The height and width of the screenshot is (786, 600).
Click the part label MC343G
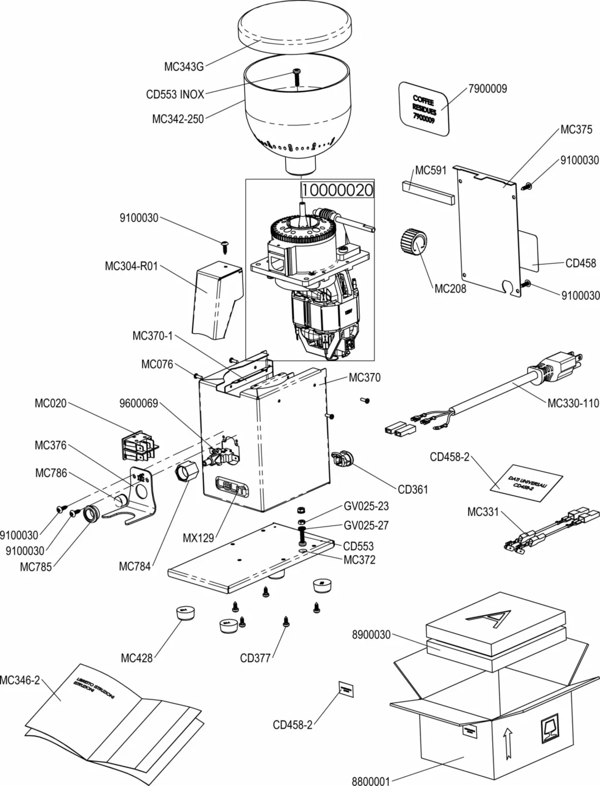click(183, 67)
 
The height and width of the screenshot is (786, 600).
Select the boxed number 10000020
click(338, 190)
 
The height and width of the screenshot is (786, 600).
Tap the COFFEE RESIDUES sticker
click(424, 109)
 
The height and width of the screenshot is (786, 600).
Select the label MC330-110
click(572, 403)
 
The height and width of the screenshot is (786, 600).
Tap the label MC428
click(137, 658)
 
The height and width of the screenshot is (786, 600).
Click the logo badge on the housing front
click(232, 488)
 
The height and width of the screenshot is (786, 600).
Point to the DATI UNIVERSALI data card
click(526, 483)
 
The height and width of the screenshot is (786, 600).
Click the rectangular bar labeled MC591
click(427, 192)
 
